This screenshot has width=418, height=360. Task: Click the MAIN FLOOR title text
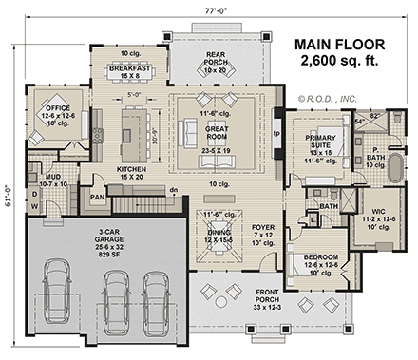(339, 45)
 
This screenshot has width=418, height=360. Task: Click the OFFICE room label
(47, 110)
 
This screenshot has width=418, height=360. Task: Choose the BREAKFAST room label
(130, 68)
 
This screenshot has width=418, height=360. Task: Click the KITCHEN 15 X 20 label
(131, 172)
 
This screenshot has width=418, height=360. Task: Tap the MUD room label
(53, 180)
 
